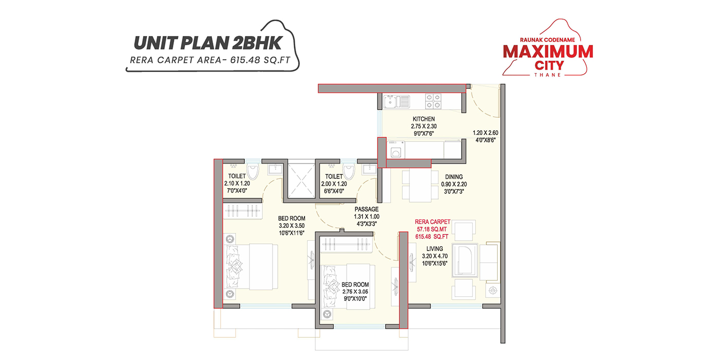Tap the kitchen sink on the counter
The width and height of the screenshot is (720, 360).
396,101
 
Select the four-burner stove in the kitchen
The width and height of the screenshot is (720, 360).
433,101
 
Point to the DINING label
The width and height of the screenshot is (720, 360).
454,177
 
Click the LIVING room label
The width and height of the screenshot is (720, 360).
432,249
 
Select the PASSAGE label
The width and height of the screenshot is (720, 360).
367,209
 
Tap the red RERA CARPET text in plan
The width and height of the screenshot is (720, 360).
433,222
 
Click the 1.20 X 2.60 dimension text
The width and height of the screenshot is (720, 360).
485,133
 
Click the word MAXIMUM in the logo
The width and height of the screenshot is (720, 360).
548,51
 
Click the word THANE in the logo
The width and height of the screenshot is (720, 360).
548,75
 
